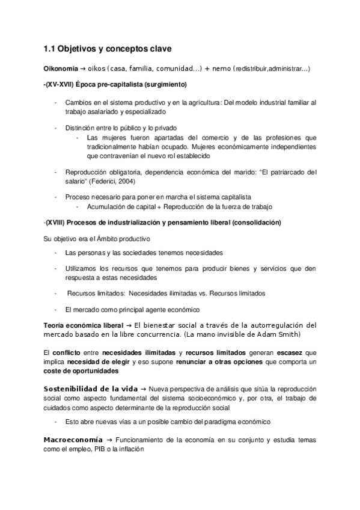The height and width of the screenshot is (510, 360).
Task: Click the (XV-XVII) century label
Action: pos(60,84)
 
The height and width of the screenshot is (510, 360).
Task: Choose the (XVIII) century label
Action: pos(59,223)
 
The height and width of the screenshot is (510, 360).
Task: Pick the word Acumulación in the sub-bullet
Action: pos(108,206)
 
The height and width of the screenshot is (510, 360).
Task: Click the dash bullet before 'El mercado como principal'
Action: pos(55,310)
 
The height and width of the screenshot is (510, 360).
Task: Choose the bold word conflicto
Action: pos(67,352)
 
